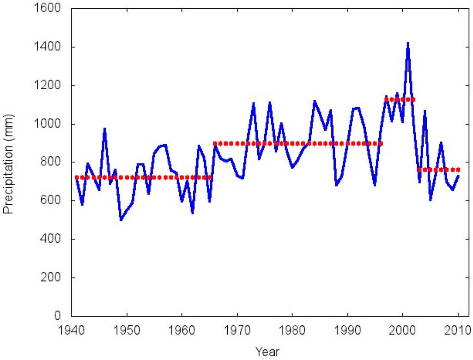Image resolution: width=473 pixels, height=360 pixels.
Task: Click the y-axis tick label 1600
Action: (53, 8)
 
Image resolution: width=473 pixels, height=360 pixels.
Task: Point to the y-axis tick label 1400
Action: (53, 47)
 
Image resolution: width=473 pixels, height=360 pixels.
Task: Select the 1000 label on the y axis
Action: (53, 124)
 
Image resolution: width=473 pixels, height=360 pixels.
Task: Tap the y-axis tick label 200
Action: (55, 278)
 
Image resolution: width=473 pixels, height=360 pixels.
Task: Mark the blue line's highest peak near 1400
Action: (408, 43)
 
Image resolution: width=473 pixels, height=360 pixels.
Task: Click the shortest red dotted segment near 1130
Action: (400, 99)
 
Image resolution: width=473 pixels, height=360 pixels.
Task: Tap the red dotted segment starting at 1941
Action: (143, 177)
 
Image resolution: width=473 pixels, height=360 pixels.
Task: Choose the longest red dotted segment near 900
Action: (298, 143)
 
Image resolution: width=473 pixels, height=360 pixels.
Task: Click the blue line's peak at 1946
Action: (105, 129)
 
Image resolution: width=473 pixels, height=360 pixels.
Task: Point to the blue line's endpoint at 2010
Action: (458, 176)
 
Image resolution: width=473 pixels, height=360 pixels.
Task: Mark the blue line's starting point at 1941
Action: (77, 178)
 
